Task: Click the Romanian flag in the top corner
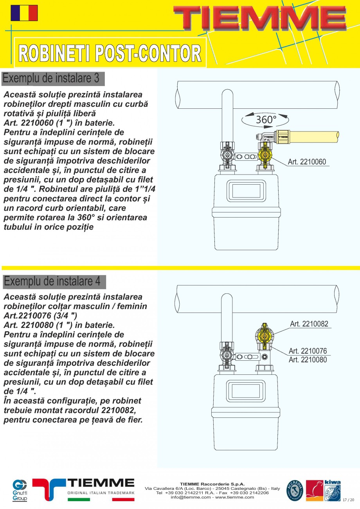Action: click(x=24, y=13)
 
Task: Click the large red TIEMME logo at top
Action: click(x=260, y=18)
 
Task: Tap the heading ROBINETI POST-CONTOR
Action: click(x=110, y=53)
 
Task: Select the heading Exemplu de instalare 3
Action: click(x=51, y=78)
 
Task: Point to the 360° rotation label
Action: click(x=266, y=119)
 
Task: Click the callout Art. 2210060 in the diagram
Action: click(x=307, y=162)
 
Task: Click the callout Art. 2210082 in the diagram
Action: click(x=309, y=324)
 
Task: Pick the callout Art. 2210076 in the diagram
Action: click(x=308, y=351)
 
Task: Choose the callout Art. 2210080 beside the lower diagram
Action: click(x=308, y=360)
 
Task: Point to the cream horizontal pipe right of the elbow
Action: click(x=313, y=136)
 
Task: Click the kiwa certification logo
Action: click(x=332, y=490)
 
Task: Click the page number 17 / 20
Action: click(x=348, y=500)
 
